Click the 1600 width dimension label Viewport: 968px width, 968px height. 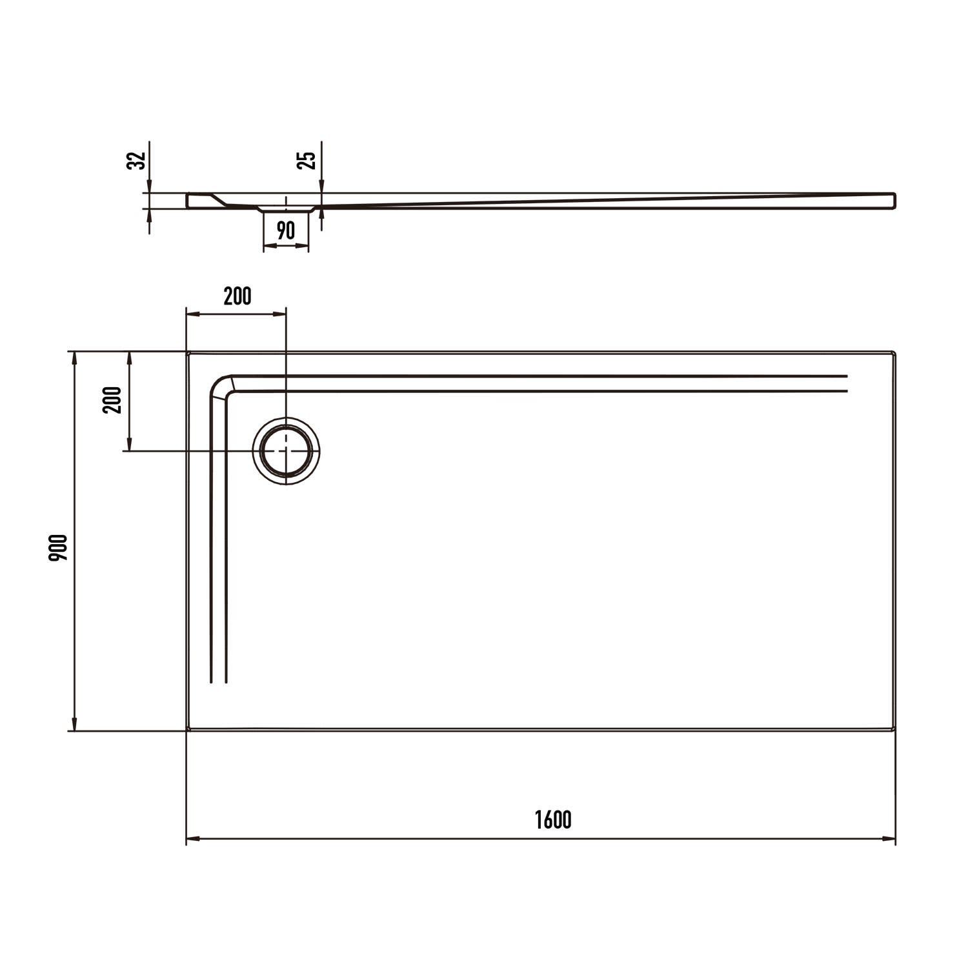553,820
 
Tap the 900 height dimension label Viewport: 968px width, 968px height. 58,547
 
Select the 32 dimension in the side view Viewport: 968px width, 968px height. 136,160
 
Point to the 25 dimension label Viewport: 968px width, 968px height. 308,160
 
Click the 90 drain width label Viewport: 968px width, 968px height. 286,230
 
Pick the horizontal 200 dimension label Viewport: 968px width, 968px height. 237,296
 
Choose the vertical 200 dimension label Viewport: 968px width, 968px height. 112,400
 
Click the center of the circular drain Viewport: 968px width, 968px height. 286,450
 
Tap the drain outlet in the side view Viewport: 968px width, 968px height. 286,209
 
